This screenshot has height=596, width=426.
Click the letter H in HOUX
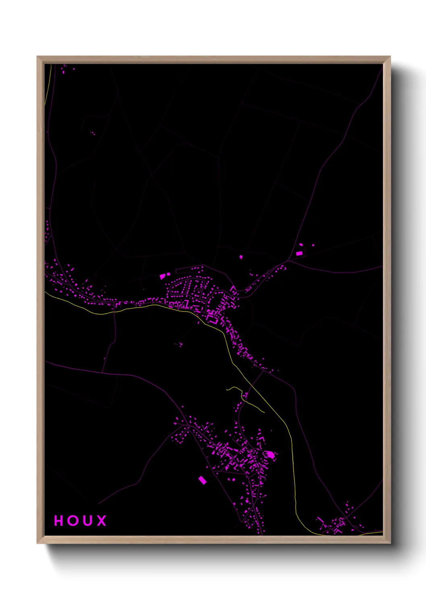(59, 521)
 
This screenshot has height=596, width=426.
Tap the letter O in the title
(73, 521)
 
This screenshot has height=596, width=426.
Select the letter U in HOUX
(87, 521)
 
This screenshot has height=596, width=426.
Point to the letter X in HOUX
(102, 521)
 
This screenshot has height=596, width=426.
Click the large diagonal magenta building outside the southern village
(202, 480)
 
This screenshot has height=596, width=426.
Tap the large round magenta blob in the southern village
(271, 455)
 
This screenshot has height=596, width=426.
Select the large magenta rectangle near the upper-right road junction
(299, 253)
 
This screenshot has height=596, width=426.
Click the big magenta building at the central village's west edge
(163, 276)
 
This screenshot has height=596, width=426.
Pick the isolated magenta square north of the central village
(241, 257)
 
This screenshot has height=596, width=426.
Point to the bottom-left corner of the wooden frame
(38, 543)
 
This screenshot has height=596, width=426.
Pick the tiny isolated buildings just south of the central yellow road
(179, 344)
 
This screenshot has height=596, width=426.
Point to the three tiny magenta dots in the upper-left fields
(93, 132)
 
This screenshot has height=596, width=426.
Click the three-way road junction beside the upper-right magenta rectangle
(290, 260)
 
